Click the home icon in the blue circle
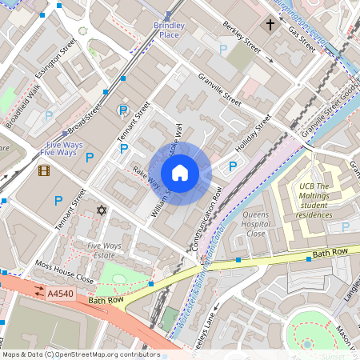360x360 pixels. [x=180, y=172]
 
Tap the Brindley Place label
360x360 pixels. [x=169, y=30]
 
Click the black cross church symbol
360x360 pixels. [x=270, y=26]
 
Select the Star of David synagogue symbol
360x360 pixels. [x=101, y=210]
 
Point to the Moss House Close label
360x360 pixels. [x=64, y=272]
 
